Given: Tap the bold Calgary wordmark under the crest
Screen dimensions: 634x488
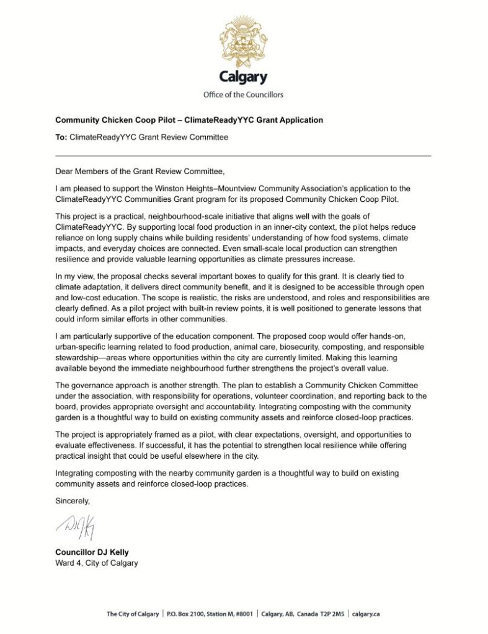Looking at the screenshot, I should (x=244, y=77).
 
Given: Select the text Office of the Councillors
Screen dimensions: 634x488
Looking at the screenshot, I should (x=244, y=95).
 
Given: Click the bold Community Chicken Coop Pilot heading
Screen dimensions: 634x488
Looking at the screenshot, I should (x=189, y=119).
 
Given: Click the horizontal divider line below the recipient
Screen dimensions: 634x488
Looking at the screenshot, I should (x=244, y=155).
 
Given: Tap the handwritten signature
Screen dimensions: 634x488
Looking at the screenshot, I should (x=79, y=525).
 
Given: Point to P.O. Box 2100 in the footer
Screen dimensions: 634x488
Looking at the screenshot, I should (x=188, y=614).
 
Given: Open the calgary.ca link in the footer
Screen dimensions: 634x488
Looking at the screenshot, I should (x=366, y=614).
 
